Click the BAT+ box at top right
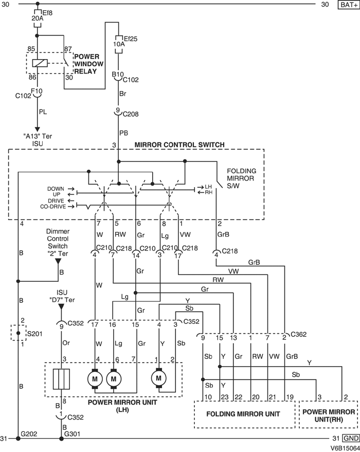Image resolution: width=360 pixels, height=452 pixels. (x=348, y=5)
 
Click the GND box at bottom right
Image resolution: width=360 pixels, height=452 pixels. (x=350, y=438)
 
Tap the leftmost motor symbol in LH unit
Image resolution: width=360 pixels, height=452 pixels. (x=95, y=379)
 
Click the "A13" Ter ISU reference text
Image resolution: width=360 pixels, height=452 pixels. (x=37, y=140)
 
